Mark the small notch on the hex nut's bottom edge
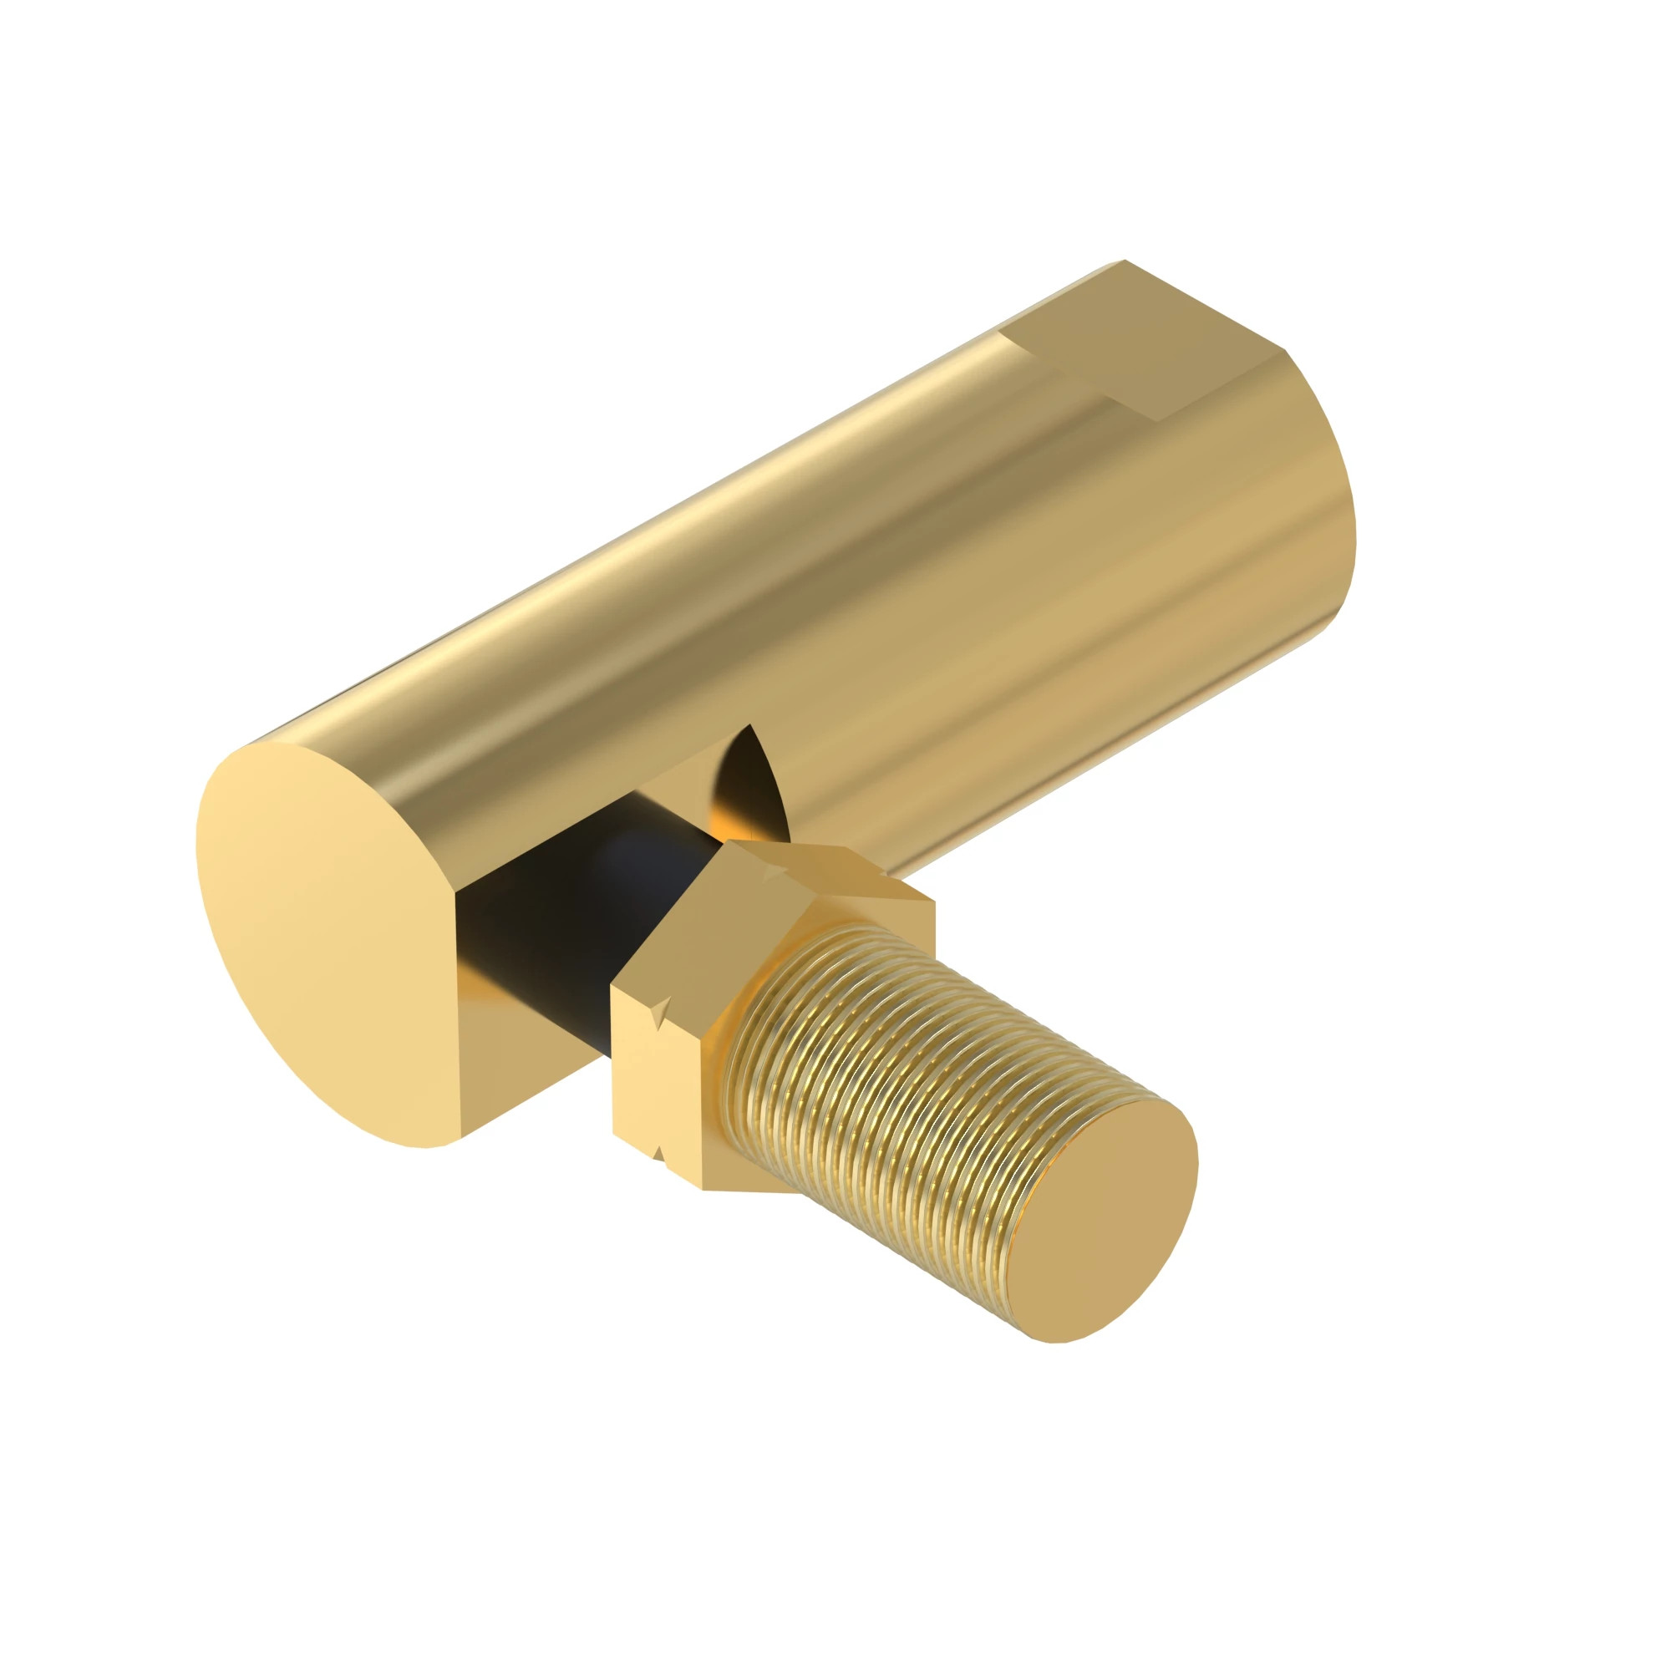(658, 1155)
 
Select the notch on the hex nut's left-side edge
(660, 1010)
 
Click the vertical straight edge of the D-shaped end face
(458, 1012)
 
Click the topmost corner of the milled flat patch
(1125, 261)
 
